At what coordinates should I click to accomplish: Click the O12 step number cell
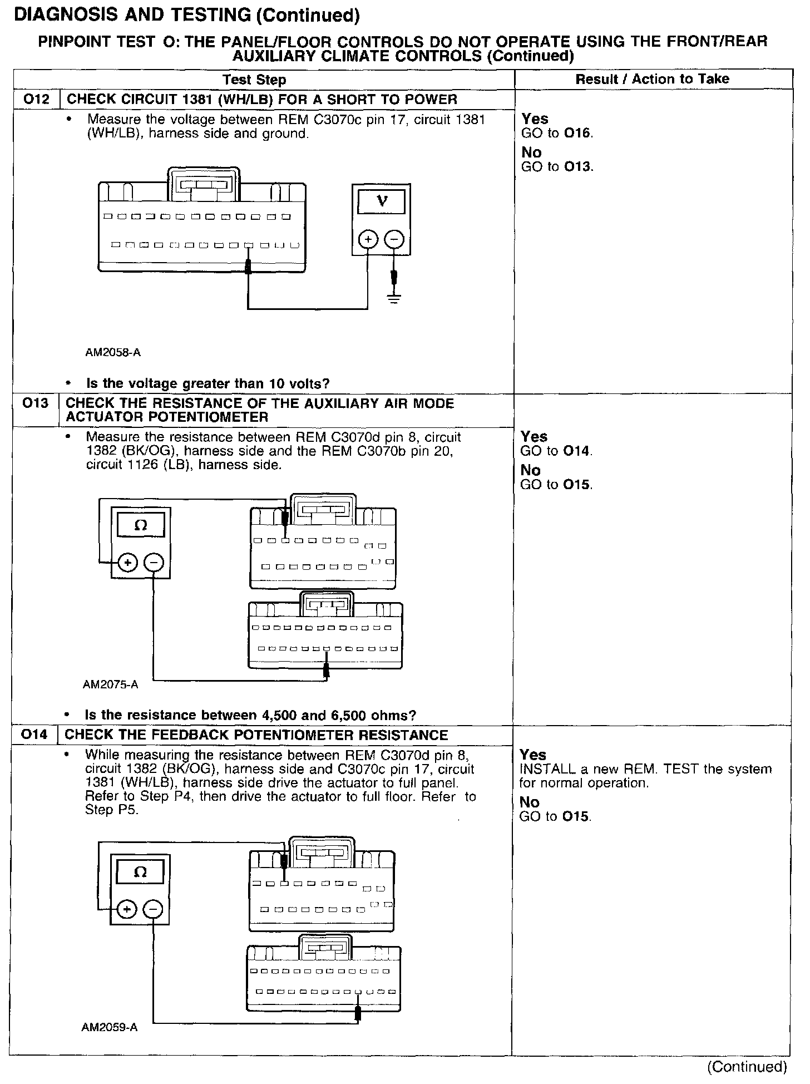tap(36, 100)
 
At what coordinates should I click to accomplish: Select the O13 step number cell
tap(36, 403)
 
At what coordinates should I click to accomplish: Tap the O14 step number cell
tap(34, 735)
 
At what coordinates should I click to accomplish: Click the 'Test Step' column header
tap(254, 80)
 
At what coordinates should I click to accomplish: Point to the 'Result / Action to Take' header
tap(652, 79)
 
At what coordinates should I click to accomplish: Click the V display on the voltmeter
tap(382, 201)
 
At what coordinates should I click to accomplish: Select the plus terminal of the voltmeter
tap(368, 240)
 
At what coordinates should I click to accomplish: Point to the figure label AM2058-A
tap(113, 352)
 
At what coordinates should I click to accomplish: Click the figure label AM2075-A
tap(110, 684)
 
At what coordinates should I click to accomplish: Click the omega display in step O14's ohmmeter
tap(140, 873)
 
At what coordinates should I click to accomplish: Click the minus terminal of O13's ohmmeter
tap(154, 563)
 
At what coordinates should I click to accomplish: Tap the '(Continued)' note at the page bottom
tap(747, 1067)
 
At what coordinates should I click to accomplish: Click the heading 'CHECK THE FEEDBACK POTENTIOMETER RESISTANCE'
tap(256, 735)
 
